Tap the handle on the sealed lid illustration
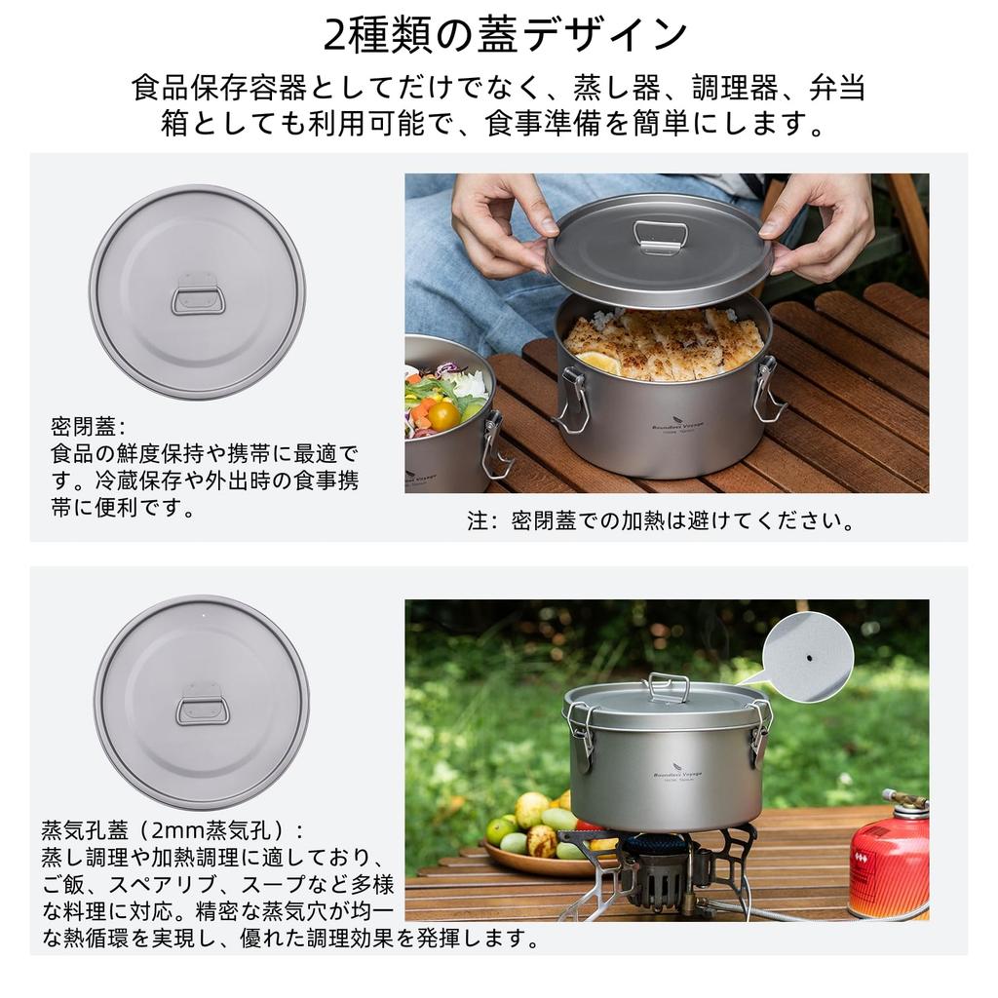199,300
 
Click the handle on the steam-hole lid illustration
203,710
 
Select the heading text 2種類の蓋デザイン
506,36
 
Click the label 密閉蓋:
89,427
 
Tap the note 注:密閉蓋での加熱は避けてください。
662,520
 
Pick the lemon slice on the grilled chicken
596,362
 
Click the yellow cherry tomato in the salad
443,416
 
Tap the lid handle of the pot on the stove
669,686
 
